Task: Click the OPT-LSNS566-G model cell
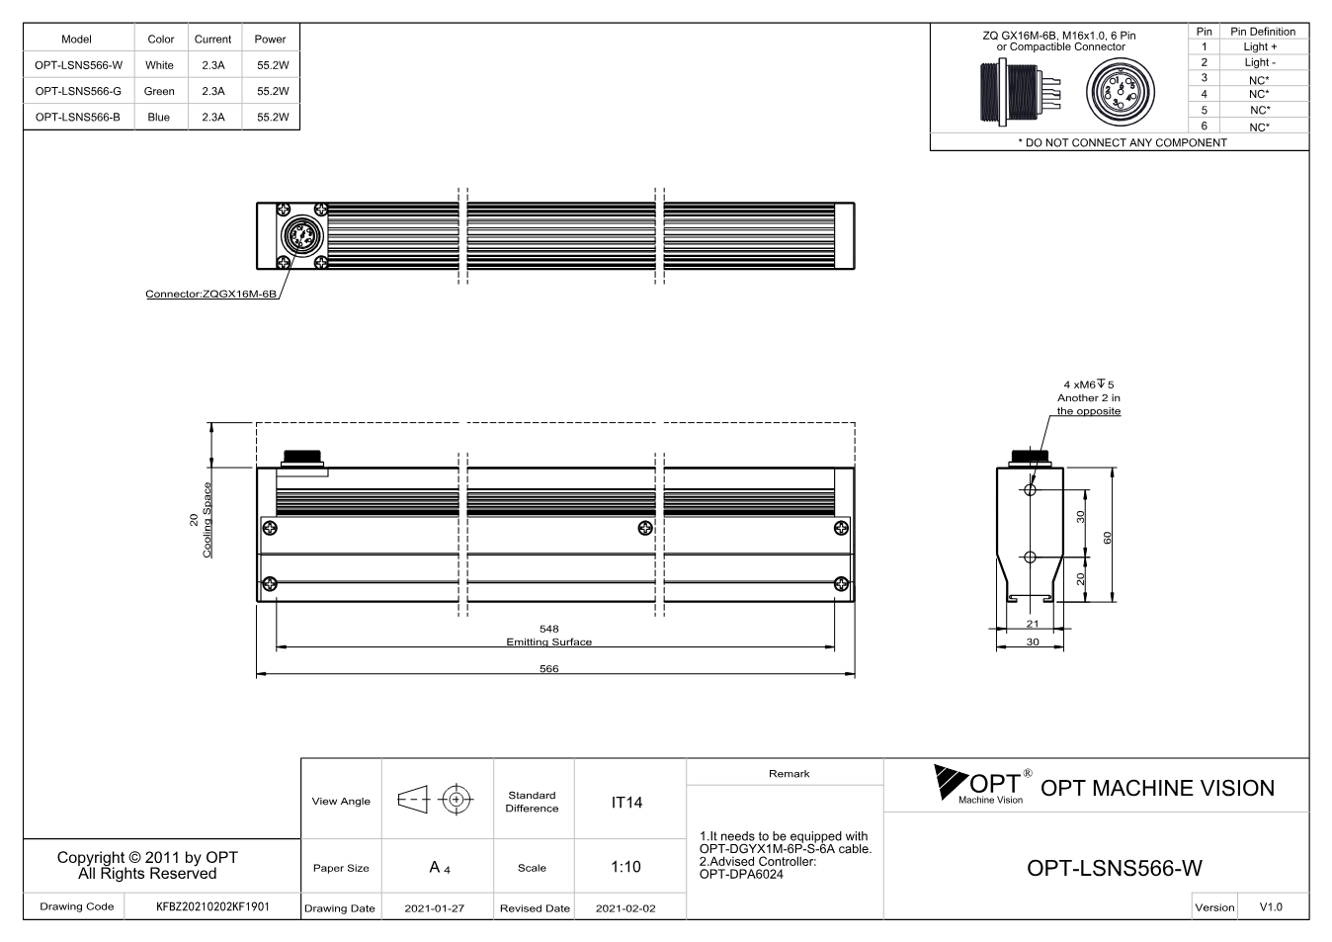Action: tap(78, 91)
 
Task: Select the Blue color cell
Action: tap(159, 118)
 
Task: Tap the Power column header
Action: tap(270, 40)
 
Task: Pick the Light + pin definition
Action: tap(1260, 47)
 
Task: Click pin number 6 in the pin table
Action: tap(1205, 127)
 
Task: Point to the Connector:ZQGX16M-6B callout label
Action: tap(211, 294)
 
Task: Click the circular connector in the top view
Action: tap(301, 236)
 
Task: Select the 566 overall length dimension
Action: tap(548, 668)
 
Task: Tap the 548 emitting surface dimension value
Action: tap(548, 629)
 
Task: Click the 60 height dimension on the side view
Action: tap(1108, 538)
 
